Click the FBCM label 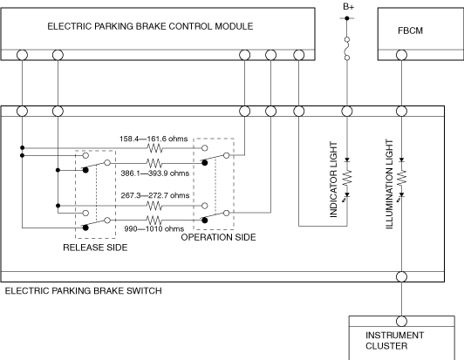pos(410,31)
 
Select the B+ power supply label pos(348,6)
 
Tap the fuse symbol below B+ pos(347,49)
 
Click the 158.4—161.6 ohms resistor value pos(154,139)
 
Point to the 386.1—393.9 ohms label pos(154,173)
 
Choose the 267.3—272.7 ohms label pos(155,195)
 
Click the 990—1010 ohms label pos(154,228)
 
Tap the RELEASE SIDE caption pos(95,248)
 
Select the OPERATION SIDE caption pos(218,237)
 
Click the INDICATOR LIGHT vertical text pos(333,180)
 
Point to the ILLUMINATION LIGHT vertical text pos(389,184)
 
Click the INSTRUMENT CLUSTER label pos(394,341)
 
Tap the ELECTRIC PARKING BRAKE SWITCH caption pos(84,291)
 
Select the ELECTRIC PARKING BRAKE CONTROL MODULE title pos(150,26)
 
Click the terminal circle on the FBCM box pos(401,55)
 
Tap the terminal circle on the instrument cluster pos(401,322)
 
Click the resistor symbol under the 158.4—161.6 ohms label pos(154,148)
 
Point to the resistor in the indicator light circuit pos(347,177)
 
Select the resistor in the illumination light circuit pos(402,177)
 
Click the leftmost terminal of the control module pos(22,55)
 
